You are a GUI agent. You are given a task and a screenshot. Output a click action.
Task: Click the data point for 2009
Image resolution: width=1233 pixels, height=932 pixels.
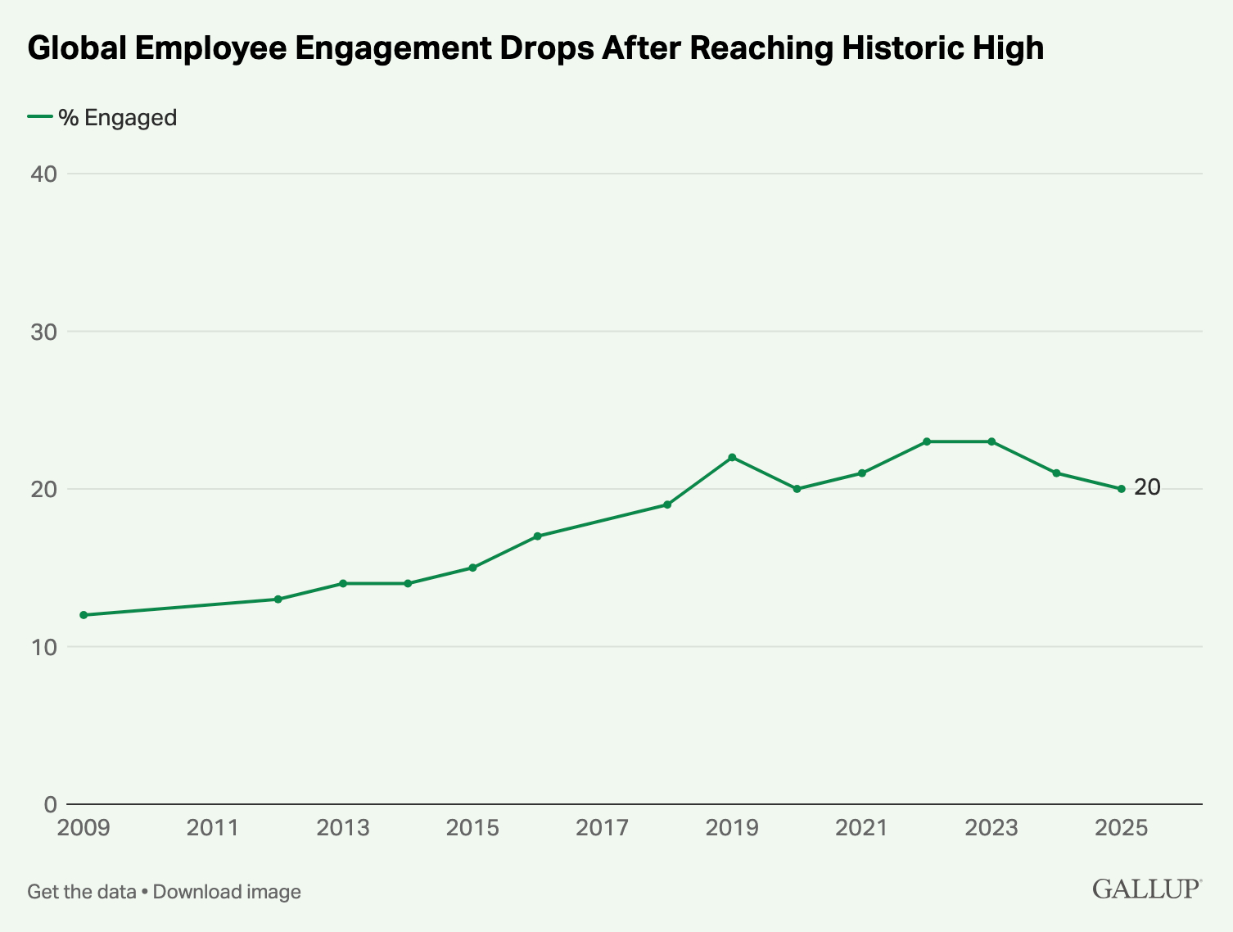pos(84,615)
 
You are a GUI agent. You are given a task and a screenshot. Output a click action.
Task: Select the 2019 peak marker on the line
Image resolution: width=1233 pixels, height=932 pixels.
pos(732,457)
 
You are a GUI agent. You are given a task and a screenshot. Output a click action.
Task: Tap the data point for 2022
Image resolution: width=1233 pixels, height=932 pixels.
pos(927,441)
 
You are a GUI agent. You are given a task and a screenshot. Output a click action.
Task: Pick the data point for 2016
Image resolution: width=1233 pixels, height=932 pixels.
pos(537,536)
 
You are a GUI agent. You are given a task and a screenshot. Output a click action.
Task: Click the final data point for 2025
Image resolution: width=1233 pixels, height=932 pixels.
pos(1122,489)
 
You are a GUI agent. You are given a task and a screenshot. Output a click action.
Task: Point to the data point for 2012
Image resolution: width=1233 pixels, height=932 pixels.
pos(278,599)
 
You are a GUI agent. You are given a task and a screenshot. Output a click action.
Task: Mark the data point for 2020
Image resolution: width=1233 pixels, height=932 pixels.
pos(797,489)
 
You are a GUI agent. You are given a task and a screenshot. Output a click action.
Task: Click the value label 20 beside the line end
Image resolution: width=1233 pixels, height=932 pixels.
pos(1147,487)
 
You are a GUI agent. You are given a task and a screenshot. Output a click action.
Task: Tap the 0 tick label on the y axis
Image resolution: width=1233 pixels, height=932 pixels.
pos(50,804)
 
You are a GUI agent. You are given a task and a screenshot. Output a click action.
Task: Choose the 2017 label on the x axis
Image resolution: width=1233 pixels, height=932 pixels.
pos(602,828)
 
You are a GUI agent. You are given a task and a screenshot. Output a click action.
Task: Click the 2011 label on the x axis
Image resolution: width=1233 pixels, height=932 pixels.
pos(213,828)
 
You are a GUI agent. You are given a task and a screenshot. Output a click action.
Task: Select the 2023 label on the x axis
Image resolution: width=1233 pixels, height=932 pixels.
pos(991,828)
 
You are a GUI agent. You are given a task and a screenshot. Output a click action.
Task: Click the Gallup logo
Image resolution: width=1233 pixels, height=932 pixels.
pos(1146,889)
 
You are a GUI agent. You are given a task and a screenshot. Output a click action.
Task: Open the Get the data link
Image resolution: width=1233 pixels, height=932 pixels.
pos(81,892)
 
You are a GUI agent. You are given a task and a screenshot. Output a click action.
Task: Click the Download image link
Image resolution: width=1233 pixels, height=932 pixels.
pos(227,892)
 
